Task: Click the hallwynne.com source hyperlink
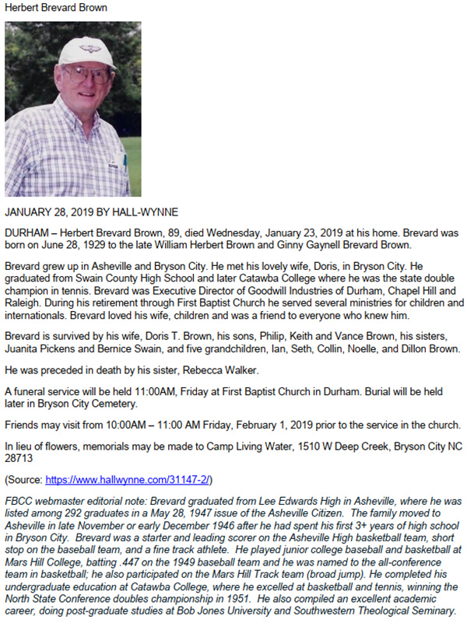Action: click(x=128, y=480)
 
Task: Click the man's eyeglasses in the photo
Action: click(x=86, y=75)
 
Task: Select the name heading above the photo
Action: click(x=56, y=8)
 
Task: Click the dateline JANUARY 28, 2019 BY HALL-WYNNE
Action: click(x=92, y=212)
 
